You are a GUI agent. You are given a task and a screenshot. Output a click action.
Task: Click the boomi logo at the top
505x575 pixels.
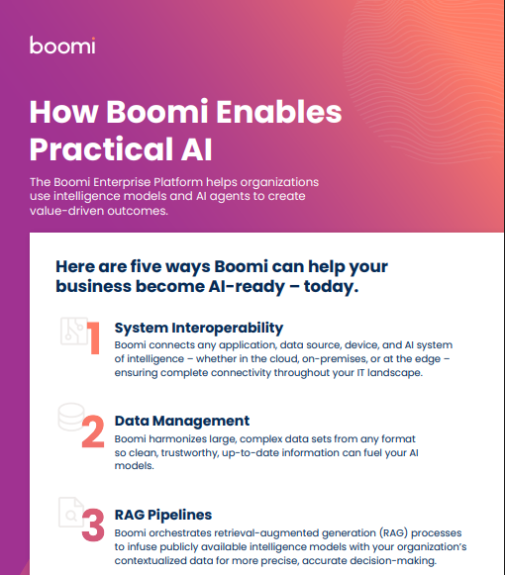[x=62, y=46]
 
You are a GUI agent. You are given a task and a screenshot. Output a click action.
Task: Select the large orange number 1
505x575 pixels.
[x=93, y=337]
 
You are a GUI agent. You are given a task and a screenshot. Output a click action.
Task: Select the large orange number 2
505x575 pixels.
[x=92, y=431]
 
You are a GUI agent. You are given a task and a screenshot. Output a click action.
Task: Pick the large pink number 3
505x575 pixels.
[x=92, y=525]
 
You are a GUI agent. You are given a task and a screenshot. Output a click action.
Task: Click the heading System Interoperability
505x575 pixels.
[x=199, y=327]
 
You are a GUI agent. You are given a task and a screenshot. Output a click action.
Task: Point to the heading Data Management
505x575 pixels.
[x=181, y=421]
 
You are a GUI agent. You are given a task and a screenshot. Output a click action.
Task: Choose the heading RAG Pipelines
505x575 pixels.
[x=162, y=515]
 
